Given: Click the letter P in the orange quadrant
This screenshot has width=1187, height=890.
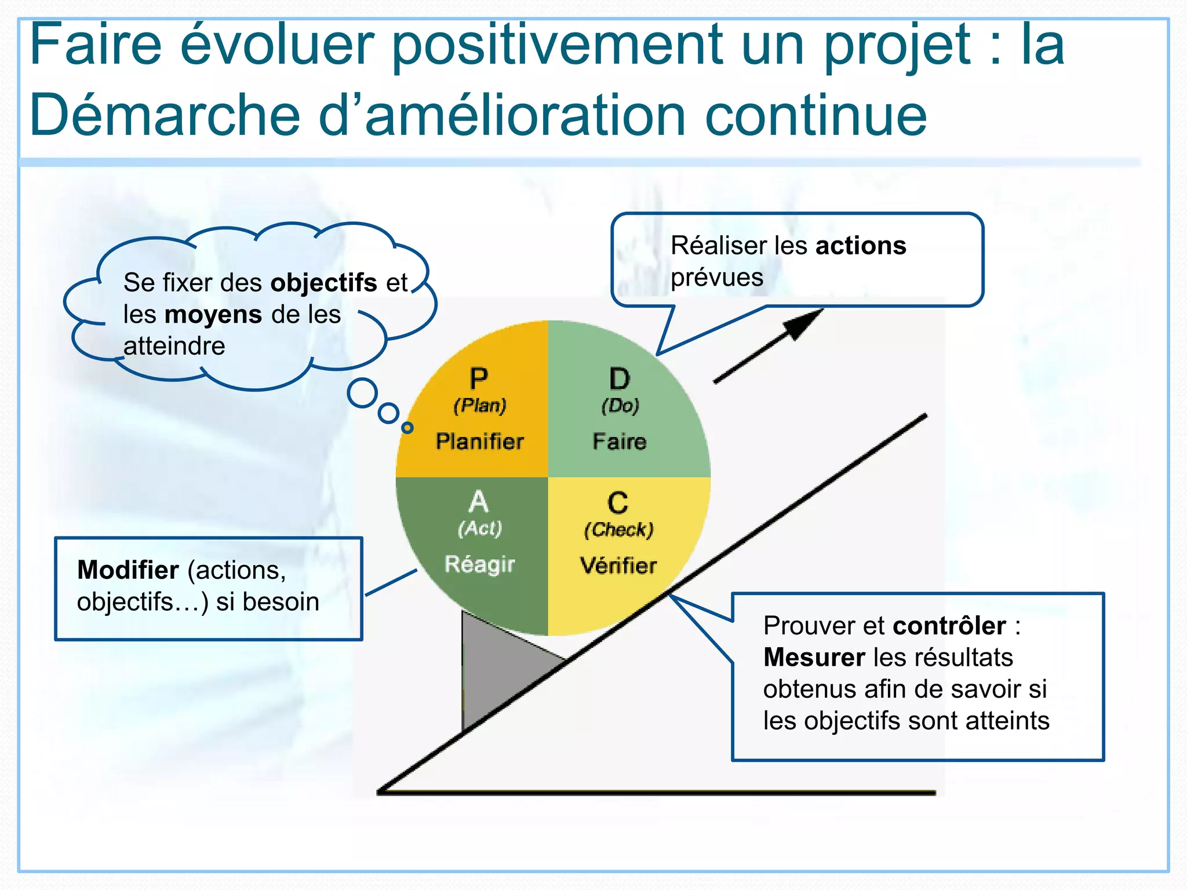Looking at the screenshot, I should tap(479, 380).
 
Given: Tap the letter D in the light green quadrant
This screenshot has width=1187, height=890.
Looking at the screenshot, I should tap(619, 380).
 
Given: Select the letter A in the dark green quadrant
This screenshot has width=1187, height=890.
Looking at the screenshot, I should tap(479, 502).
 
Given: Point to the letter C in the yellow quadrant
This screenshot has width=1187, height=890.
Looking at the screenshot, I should tap(618, 503).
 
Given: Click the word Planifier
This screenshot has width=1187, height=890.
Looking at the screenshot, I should tap(479, 442).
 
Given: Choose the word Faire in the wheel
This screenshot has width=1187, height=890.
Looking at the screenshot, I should tap(619, 442).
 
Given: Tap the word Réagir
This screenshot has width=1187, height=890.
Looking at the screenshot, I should tap(479, 564).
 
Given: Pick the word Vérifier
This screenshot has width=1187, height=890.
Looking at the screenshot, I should tap(618, 566).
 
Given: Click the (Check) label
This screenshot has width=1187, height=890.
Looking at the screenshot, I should tap(618, 530).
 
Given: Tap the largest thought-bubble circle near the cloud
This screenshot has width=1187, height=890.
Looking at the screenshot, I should tap(362, 393).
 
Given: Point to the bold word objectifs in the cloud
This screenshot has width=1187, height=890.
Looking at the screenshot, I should tap(323, 283).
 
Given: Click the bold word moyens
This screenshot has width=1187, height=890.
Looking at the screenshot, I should tap(213, 315).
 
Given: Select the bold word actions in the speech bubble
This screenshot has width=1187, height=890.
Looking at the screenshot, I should tap(860, 246).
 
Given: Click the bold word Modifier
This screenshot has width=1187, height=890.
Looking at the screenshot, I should tap(128, 570).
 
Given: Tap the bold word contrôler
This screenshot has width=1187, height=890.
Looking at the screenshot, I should tap(949, 626).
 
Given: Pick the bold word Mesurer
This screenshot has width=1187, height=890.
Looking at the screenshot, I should tap(814, 658).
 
